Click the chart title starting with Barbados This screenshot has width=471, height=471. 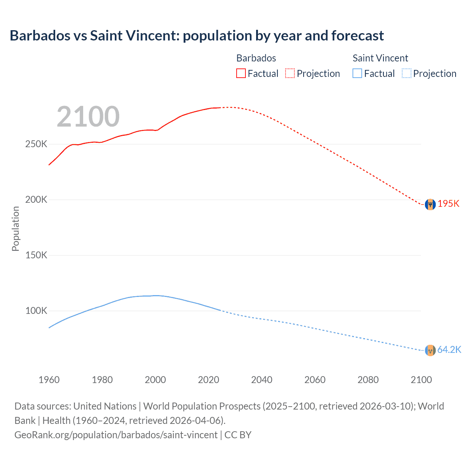tap(196, 36)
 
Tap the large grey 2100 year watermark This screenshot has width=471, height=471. tap(88, 117)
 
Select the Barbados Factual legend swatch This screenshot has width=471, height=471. tap(241, 74)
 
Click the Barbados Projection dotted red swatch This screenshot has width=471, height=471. tap(290, 74)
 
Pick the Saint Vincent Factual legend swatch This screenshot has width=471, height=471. tap(357, 74)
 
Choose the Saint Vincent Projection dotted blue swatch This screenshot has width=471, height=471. tap(406, 74)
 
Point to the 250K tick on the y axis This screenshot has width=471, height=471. tap(36, 144)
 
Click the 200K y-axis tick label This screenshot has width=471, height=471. tap(36, 200)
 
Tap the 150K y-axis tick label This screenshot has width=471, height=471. tap(36, 255)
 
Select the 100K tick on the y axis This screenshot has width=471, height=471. tap(36, 311)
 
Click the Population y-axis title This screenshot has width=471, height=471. tap(15, 229)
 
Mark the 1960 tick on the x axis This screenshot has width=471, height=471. tap(49, 380)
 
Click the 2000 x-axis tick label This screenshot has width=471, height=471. tap(155, 380)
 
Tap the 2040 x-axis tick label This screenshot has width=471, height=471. tap(262, 380)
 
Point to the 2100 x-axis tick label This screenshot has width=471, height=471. tap(421, 380)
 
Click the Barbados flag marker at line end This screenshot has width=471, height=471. tap(430, 204)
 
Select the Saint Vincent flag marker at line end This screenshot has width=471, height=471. tap(430, 350)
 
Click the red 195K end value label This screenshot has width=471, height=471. tap(448, 204)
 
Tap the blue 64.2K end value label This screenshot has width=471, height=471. tap(449, 350)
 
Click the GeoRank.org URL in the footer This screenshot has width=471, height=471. tap(116, 435)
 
